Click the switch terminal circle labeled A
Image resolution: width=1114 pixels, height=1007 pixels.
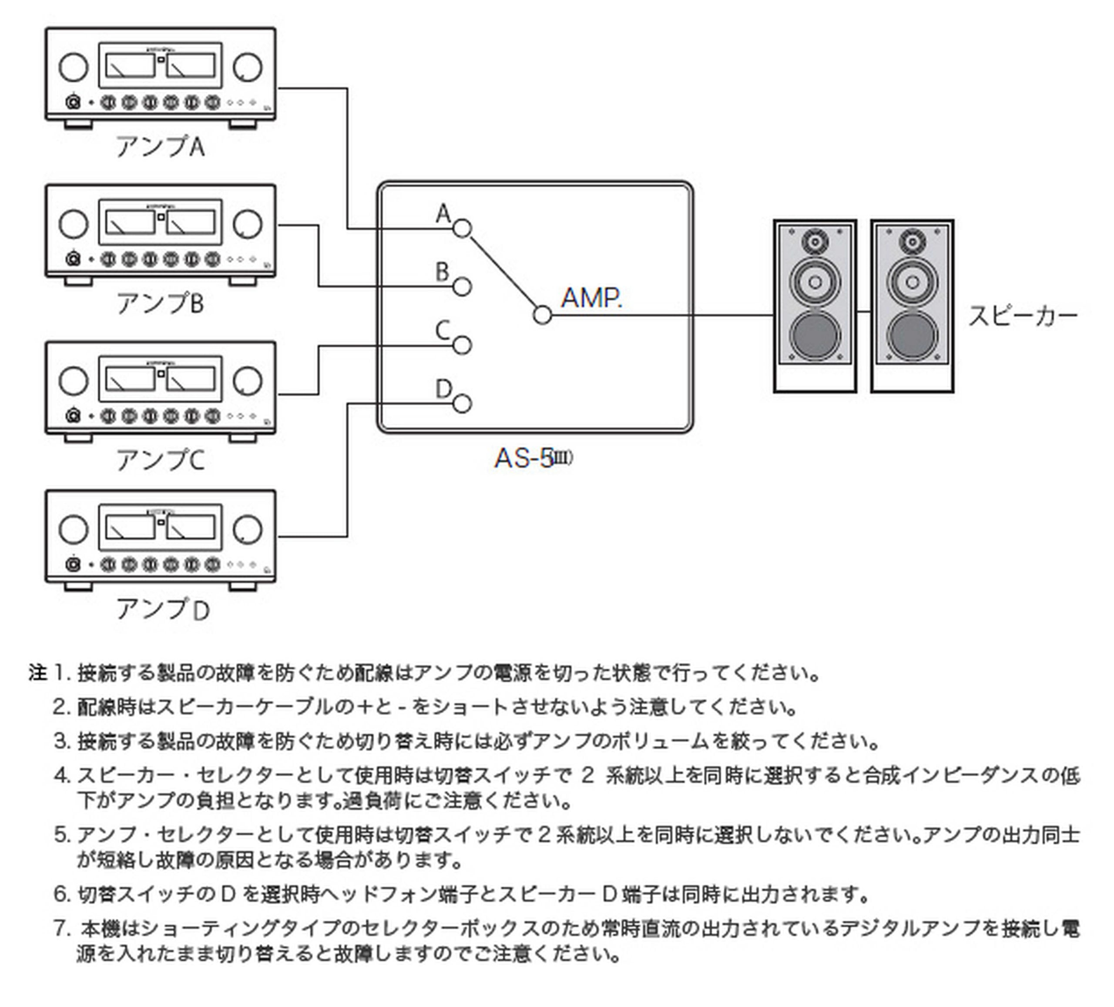point(463,228)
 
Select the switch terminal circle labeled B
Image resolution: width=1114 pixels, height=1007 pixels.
point(463,287)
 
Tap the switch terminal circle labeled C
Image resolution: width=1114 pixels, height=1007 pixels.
point(463,345)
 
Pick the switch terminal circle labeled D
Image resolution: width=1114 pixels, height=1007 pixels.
point(463,404)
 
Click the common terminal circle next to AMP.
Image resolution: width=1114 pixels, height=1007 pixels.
point(543,315)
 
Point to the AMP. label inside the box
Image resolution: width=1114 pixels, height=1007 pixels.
point(591,299)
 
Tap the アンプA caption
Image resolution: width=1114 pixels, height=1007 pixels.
point(160,146)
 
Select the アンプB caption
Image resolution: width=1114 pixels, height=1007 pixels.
point(160,304)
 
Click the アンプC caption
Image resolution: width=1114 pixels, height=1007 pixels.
point(160,460)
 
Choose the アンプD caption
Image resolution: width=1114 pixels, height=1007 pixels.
point(162,609)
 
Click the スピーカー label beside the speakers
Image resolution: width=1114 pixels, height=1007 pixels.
point(1023,316)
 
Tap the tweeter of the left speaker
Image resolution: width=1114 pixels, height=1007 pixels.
point(815,242)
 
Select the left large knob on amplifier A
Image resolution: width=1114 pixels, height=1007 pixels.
point(74,67)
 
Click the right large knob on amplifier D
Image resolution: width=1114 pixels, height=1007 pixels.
point(248,529)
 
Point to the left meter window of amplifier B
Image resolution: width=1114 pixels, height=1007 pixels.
point(130,222)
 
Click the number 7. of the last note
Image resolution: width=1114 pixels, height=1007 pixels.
point(62,929)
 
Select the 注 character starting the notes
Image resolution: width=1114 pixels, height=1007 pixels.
point(37,673)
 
